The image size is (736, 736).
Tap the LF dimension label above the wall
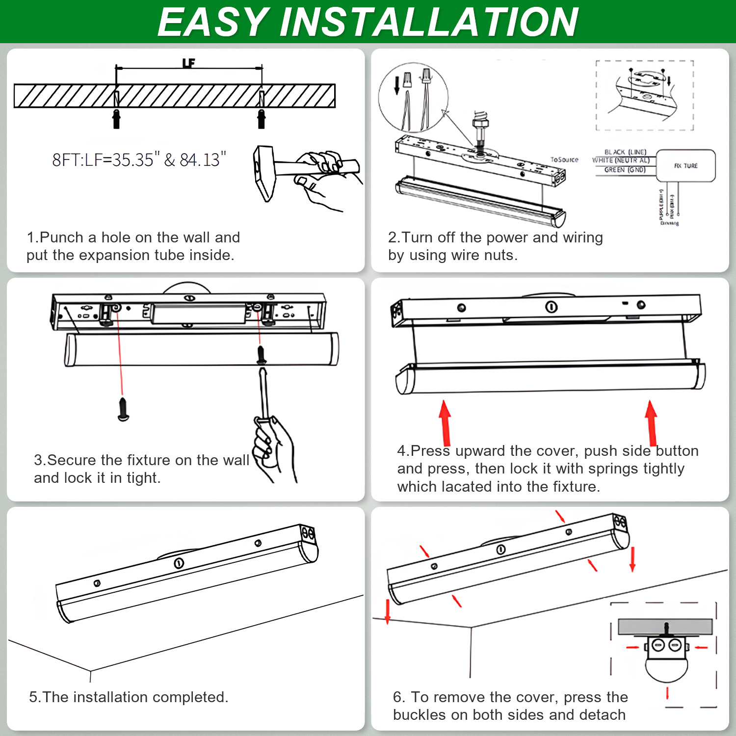(188, 63)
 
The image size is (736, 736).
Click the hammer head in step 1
(263, 173)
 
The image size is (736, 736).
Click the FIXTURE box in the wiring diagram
(685, 166)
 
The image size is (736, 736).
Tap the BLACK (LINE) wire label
(625, 152)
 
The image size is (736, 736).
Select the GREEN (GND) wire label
(625, 170)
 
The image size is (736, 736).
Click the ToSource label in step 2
(564, 159)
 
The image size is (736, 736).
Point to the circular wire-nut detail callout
(413, 98)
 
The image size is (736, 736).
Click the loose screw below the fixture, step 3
(123, 409)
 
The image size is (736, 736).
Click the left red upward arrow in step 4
(445, 422)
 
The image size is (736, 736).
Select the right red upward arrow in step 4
(652, 422)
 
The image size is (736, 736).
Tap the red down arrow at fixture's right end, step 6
(632, 559)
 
